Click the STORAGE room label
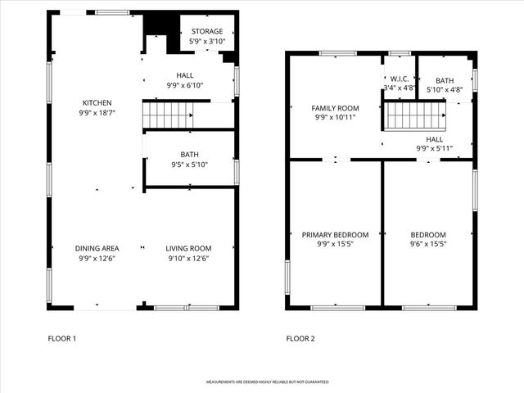207,31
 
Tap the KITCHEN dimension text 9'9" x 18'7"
97,113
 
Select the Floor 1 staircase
168,115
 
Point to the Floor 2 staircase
415,115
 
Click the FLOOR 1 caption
62,338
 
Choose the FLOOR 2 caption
300,338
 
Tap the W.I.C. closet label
400,79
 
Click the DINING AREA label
97,248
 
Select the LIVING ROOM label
188,248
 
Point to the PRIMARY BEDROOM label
335,235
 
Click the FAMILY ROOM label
335,108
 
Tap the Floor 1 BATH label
189,155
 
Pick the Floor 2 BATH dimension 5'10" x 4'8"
445,89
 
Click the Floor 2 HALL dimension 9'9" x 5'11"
435,148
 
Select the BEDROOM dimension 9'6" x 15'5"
428,244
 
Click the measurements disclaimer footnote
268,382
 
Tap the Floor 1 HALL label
185,75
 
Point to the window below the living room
187,308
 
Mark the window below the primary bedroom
337,308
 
